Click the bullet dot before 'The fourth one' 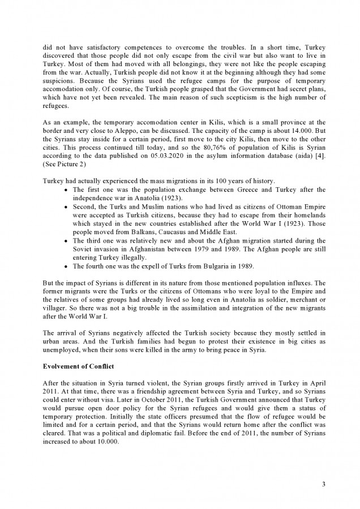[67, 266]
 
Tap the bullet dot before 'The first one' [67, 189]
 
